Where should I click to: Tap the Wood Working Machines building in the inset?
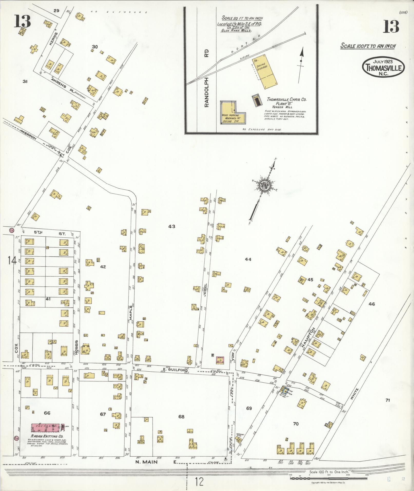click(x=230, y=113)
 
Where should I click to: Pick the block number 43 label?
click(x=172, y=226)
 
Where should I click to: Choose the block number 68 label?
click(x=181, y=417)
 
